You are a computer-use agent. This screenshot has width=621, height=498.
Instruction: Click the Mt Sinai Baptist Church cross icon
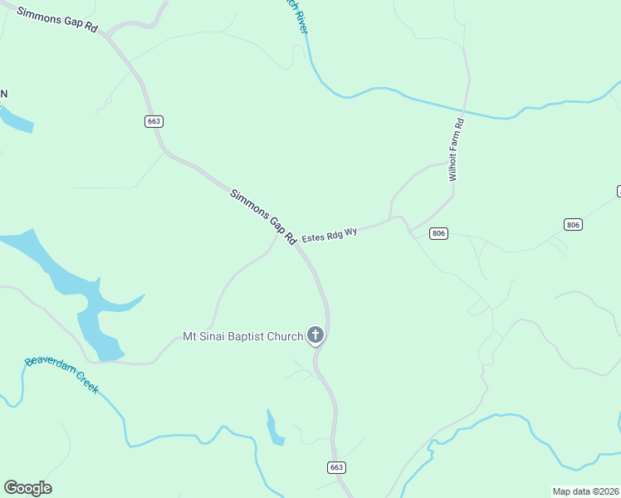coord(315,335)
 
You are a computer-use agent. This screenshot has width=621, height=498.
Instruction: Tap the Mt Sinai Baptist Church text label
coord(242,336)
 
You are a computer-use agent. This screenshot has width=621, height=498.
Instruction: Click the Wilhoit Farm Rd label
coord(456,149)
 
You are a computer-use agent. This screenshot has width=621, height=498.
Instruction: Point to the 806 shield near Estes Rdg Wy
coord(439,234)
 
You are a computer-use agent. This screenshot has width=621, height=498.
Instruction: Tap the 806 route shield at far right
coord(572,225)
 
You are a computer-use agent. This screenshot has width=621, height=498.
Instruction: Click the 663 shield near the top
coord(154,121)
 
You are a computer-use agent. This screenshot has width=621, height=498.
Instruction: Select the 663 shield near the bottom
coord(336,467)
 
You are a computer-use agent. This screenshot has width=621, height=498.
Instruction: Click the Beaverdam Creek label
coord(61,373)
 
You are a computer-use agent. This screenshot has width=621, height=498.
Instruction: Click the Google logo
coord(27,487)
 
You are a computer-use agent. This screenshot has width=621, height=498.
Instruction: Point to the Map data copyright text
coord(585,491)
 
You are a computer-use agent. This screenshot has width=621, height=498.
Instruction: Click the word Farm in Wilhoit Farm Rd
coord(455,150)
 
